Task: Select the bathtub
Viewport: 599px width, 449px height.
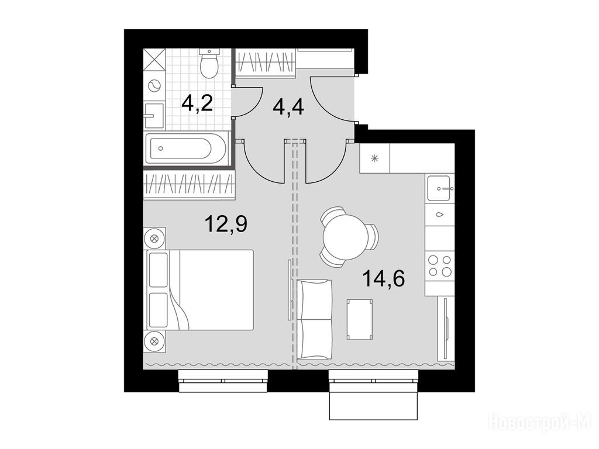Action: click(x=186, y=148)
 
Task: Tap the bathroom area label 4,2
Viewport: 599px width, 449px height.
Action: click(x=197, y=103)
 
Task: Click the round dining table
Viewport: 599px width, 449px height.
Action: click(x=345, y=237)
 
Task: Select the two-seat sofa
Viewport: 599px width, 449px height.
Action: click(x=314, y=320)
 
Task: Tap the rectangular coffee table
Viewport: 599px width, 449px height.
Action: click(x=360, y=319)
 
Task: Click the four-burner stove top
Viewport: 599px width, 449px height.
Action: click(x=440, y=266)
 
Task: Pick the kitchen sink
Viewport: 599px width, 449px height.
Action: click(x=440, y=188)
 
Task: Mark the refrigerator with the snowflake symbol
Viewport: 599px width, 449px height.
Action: click(x=374, y=158)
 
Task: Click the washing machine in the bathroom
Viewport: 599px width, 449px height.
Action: click(x=154, y=86)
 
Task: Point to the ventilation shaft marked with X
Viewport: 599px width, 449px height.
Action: click(x=154, y=60)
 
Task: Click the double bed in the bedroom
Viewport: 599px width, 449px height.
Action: click(x=199, y=290)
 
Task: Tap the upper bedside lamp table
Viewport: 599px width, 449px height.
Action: click(x=154, y=239)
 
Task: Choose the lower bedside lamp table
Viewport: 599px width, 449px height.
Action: click(x=154, y=341)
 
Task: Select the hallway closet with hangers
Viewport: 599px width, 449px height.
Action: click(x=265, y=63)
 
